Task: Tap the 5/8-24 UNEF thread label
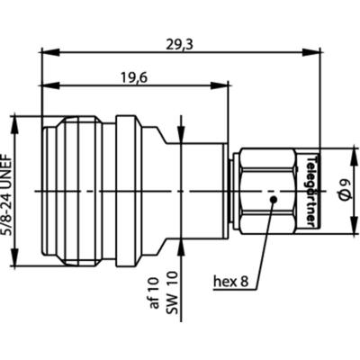point(11,190)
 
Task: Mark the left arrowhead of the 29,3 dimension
point(44,52)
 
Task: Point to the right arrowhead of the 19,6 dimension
point(221,87)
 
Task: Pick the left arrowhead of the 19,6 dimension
point(44,87)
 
